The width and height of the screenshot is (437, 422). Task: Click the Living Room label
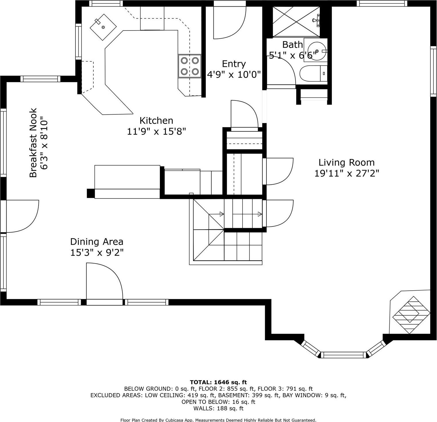pyautogui.click(x=347, y=162)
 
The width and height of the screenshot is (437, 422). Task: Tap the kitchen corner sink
pyautogui.click(x=103, y=27)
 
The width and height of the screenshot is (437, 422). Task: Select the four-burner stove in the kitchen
pyautogui.click(x=190, y=66)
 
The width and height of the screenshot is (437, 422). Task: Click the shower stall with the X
pyautogui.click(x=296, y=22)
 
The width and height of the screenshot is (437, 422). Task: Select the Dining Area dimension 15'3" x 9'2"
pyautogui.click(x=97, y=253)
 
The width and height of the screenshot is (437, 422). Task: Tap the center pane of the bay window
pyautogui.click(x=343, y=355)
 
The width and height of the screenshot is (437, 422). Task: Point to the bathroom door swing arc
pyautogui.click(x=285, y=69)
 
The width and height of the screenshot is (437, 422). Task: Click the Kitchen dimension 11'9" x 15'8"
pyautogui.click(x=156, y=131)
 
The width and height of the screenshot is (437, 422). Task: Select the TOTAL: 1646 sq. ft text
pyautogui.click(x=218, y=382)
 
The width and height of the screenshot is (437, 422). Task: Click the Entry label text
pyautogui.click(x=234, y=64)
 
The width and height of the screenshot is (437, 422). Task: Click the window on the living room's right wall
pyautogui.click(x=433, y=71)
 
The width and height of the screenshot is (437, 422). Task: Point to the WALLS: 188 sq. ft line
pyautogui.click(x=218, y=408)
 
